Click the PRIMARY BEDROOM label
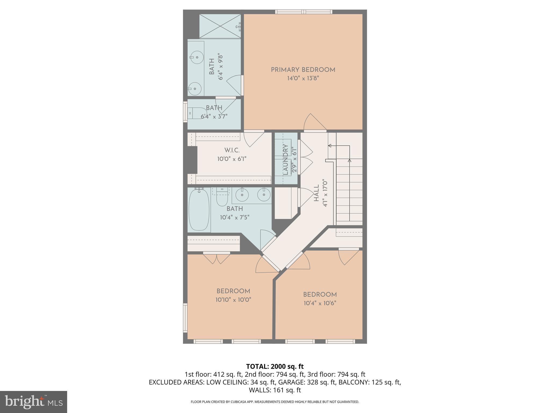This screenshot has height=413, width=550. pos(303,70)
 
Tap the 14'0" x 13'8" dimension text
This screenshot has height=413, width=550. pos(303,79)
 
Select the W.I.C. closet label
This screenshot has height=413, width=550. pos(232,150)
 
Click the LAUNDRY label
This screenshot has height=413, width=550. pos(285,159)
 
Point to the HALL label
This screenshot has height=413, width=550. pos(316,193)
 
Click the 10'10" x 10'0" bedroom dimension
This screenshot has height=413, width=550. pos(233,300)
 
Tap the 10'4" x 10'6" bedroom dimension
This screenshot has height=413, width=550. pos(320,303)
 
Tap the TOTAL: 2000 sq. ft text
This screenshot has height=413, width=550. pos(275,366)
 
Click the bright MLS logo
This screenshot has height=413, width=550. pos(34,402)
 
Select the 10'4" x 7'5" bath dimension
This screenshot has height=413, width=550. pos(235,218)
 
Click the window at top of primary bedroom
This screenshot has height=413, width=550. pos(303,12)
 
